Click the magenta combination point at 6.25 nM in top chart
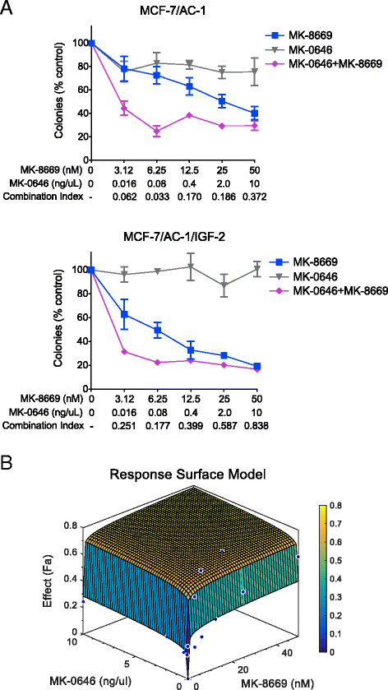point(157,131)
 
